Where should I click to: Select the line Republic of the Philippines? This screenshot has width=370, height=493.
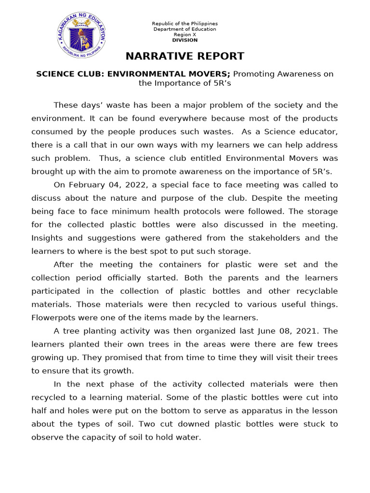(x=185, y=24)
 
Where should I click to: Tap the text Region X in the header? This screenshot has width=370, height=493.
(x=185, y=35)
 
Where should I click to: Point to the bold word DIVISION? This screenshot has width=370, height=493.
(x=185, y=40)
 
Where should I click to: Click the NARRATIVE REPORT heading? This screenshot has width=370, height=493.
(x=185, y=56)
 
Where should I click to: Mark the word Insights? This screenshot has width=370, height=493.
(x=47, y=238)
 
